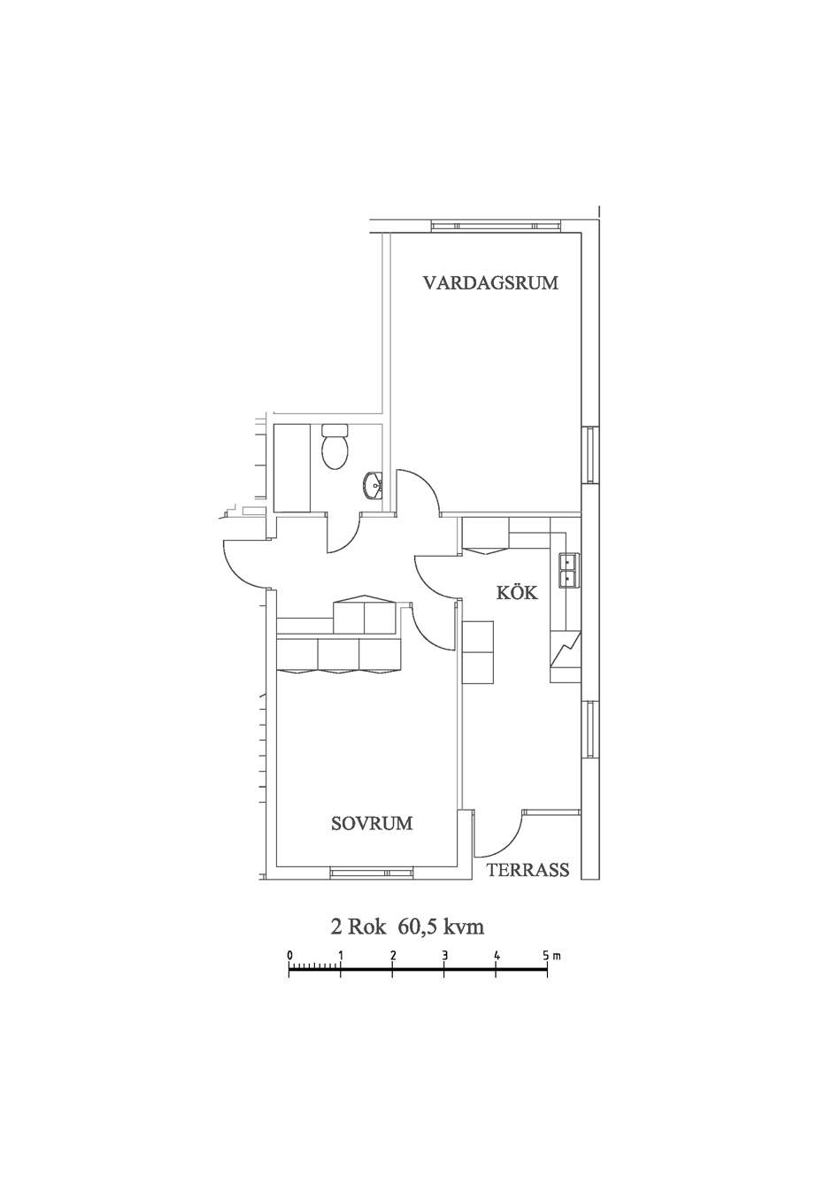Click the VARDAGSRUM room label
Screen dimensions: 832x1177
point(490,283)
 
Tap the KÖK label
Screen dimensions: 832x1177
point(517,593)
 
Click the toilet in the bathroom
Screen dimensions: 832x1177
point(335,447)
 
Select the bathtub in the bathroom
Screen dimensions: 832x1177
point(292,467)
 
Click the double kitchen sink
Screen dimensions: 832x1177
point(569,570)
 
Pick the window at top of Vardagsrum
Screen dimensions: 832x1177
point(497,226)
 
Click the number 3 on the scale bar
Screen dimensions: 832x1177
point(444,955)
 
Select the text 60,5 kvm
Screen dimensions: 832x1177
point(441,927)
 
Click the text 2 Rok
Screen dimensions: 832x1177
point(360,927)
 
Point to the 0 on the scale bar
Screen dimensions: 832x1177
point(289,955)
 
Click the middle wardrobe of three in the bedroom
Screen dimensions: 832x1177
point(338,655)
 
